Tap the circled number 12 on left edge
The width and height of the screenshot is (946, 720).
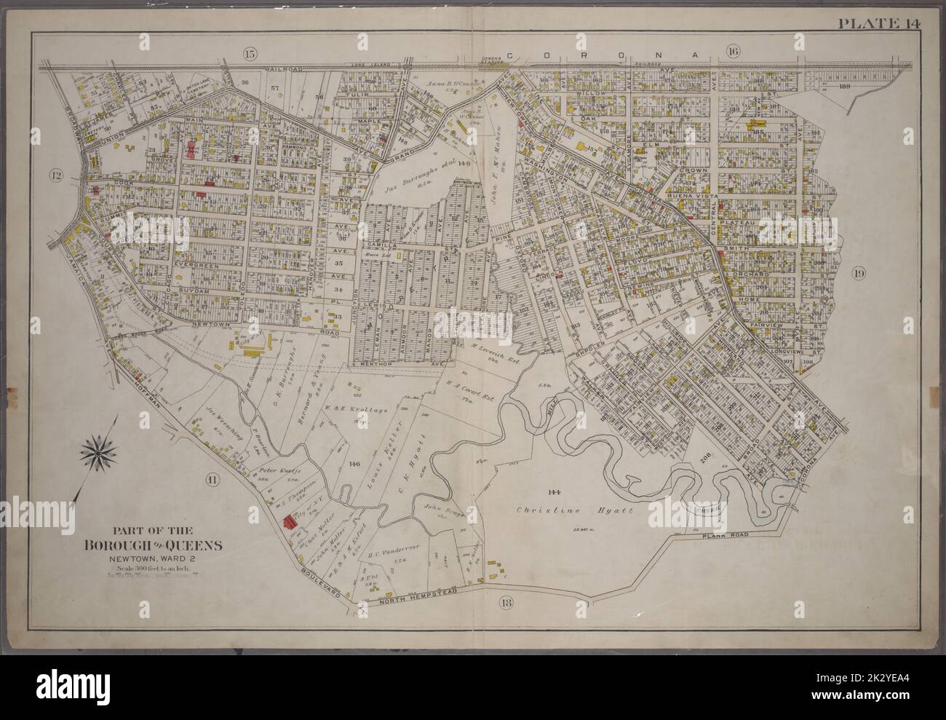(56, 175)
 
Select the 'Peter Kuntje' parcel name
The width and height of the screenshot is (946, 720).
(274, 470)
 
